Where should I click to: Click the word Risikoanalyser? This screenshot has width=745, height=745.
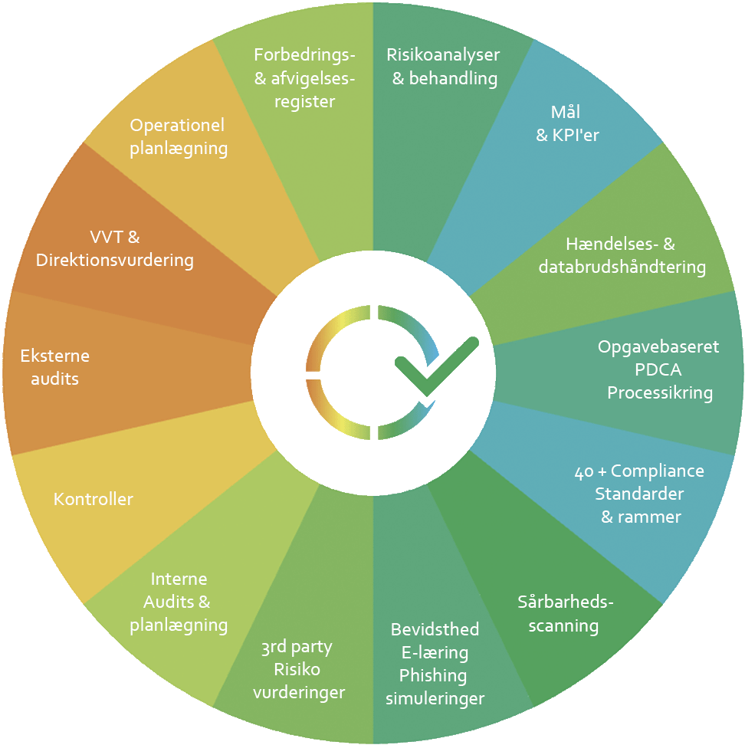pos(443,55)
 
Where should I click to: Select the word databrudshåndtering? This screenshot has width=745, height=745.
pos(622,267)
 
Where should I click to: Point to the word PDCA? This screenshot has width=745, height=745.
pos(658,369)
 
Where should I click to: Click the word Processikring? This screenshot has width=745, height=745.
pos(660,393)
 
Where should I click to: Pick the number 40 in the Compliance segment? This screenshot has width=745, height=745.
pos(583,471)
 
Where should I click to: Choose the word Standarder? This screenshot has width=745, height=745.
pos(639,493)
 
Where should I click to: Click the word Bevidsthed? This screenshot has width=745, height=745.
pos(435,630)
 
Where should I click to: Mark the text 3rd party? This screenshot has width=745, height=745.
pos(297,647)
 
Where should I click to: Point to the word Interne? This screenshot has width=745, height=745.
pos(179,579)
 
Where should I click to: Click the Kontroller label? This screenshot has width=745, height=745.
pos(93,500)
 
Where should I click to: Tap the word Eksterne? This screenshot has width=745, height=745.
pos(54,356)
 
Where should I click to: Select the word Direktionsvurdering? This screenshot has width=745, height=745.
pos(115,260)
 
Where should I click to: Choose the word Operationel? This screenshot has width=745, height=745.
pos(177,126)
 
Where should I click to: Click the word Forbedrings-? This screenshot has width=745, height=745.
pos(304,55)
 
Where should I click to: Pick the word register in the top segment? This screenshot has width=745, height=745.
pos(304,101)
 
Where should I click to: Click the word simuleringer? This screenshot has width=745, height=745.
pos(435,698)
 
